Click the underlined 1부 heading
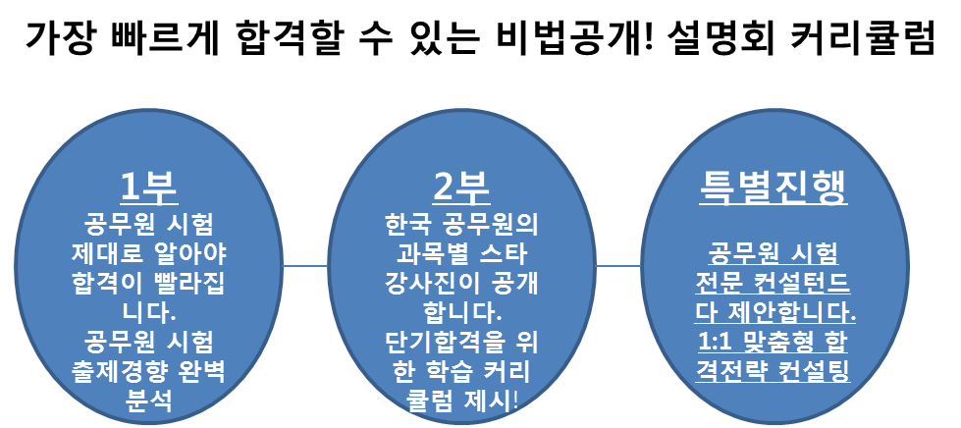click(148, 186)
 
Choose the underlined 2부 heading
click(461, 186)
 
